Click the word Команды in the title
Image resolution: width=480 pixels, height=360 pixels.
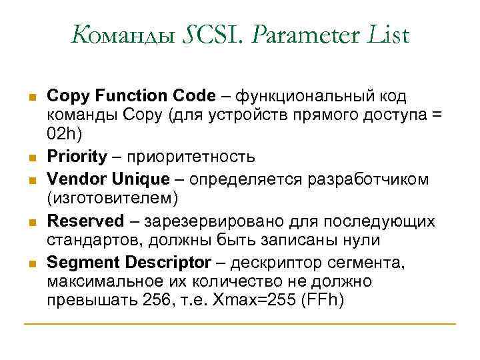pos(125,35)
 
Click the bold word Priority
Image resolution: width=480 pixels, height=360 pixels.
pos(77,157)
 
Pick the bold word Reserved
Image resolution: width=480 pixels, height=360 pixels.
pos(86,221)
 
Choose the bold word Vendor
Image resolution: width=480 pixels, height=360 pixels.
pos(74,178)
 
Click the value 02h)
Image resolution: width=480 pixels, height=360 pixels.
pos(65,135)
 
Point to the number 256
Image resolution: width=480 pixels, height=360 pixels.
pos(157,301)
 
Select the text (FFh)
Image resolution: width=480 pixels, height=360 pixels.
pos(323,301)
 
